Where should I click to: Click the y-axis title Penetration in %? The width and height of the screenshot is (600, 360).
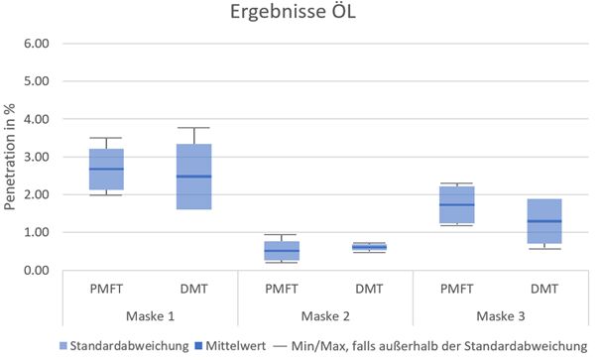click(13, 157)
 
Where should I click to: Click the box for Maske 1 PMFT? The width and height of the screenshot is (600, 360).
click(107, 169)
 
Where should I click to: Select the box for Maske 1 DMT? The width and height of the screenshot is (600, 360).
click(193, 177)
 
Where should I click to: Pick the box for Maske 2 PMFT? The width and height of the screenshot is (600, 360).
click(282, 250)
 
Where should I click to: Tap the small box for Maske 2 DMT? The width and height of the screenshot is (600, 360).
click(369, 247)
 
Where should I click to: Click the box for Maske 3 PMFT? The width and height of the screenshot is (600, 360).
click(456, 204)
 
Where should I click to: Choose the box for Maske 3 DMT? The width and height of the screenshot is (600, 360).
click(543, 220)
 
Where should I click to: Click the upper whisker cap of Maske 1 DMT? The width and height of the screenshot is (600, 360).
click(193, 128)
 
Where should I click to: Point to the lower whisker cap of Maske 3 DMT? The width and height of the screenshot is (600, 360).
click(543, 249)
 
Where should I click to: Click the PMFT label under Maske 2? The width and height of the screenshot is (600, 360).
click(282, 288)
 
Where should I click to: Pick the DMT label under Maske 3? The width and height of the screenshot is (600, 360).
click(543, 288)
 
